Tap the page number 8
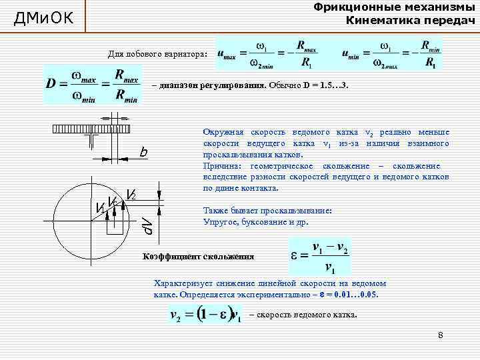441,334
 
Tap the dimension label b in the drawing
143,153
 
